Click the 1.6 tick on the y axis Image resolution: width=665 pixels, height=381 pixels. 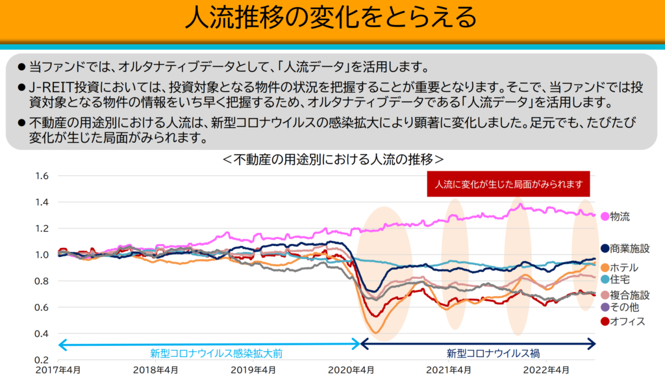click(43, 175)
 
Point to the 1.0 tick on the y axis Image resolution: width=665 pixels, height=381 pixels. click(43, 254)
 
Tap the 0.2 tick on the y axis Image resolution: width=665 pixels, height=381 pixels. click(43, 360)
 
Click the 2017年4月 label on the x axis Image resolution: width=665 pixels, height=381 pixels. click(60, 371)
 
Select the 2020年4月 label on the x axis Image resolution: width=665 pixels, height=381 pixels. click(351, 371)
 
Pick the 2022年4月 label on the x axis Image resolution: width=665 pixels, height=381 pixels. click(546, 371)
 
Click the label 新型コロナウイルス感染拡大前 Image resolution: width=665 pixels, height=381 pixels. click(208, 354)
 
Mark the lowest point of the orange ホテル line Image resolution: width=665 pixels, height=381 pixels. click(375, 333)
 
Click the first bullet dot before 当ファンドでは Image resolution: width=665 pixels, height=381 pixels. click(21, 68)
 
